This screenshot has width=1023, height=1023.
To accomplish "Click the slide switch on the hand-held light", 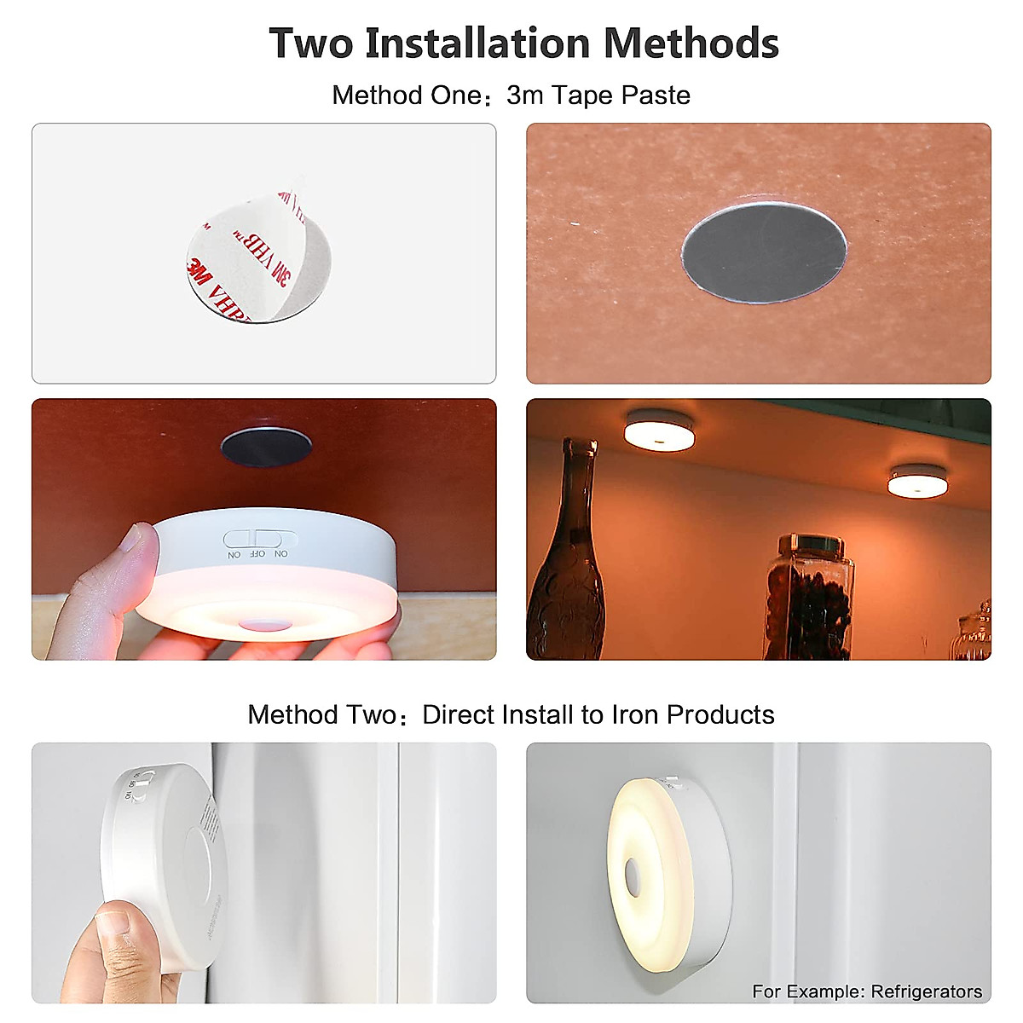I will pos(258,540).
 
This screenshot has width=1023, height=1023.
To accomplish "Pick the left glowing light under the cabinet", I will pos(658,431).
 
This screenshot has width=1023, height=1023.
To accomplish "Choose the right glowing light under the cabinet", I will pos(917,481).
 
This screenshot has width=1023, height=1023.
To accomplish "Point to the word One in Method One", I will pos(457,95).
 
